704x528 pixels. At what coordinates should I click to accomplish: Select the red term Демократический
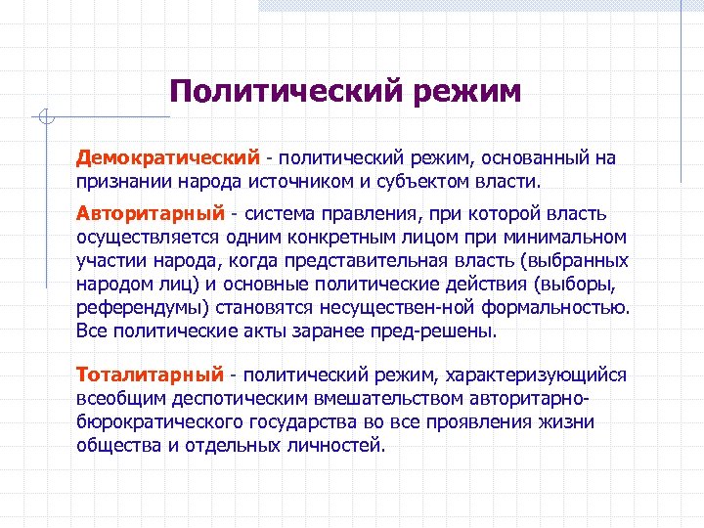(x=169, y=157)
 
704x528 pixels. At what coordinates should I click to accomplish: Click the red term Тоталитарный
(x=150, y=374)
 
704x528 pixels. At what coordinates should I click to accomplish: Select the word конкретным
(x=344, y=237)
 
